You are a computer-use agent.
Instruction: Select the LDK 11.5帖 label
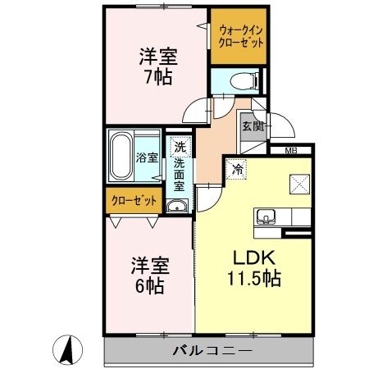(253, 267)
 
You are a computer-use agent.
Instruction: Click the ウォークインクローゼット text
(240, 37)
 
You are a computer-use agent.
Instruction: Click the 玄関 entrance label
(251, 126)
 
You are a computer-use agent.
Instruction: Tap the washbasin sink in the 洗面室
(175, 206)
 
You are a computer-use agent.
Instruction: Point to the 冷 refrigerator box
(236, 170)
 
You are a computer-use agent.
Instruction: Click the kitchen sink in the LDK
(266, 217)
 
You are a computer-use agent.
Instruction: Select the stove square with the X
(297, 184)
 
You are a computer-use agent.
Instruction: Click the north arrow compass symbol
(70, 351)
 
